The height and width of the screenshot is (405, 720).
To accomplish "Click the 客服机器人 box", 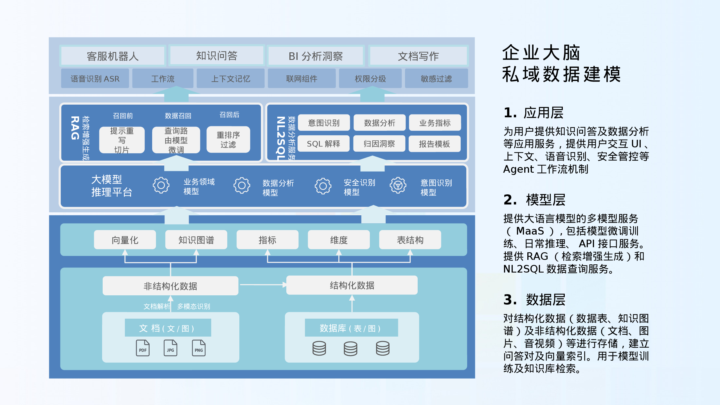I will click(x=112, y=56).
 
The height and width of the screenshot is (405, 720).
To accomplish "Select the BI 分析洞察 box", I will click(x=316, y=56).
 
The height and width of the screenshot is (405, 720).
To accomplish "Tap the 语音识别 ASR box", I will click(x=95, y=78).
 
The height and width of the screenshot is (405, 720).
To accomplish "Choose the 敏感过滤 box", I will click(x=436, y=78).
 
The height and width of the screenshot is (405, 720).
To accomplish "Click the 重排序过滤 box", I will click(x=228, y=139).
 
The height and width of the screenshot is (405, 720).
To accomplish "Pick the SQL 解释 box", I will click(x=323, y=144).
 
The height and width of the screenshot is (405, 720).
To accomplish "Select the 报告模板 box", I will click(x=434, y=144).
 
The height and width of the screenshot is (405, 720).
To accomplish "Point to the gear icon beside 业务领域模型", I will click(x=161, y=185).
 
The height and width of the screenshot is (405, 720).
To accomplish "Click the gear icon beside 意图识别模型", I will click(x=398, y=185).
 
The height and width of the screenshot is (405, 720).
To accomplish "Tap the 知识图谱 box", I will click(x=196, y=240).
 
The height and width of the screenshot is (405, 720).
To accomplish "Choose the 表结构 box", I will click(x=410, y=240).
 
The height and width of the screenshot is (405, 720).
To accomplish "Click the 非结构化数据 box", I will click(x=170, y=286).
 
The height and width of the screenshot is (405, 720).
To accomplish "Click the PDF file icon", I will click(x=143, y=348).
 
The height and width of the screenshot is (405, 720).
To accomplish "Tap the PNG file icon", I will click(x=199, y=348).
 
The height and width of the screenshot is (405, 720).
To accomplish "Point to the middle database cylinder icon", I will click(x=350, y=348).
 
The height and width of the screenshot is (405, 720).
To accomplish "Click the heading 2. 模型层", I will click(x=534, y=200).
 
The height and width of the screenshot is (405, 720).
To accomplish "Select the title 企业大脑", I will click(x=541, y=53).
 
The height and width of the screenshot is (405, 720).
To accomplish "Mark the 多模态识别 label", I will click(x=193, y=306).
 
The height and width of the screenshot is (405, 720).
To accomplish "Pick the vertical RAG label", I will click(x=75, y=128).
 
